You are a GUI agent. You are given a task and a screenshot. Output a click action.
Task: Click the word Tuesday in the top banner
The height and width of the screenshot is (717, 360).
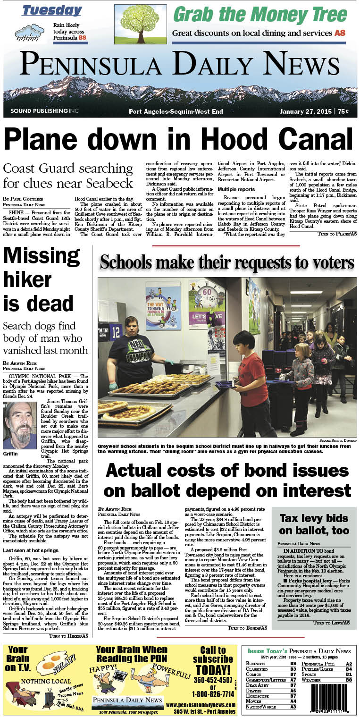coord(51,10)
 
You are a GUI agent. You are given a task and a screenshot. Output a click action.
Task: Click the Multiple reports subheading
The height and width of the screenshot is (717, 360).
coord(239,189)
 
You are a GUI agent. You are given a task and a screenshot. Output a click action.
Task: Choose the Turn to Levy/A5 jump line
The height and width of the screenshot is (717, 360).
coord(333,623)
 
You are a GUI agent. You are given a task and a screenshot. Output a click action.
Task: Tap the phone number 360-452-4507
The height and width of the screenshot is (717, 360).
coord(212,680)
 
